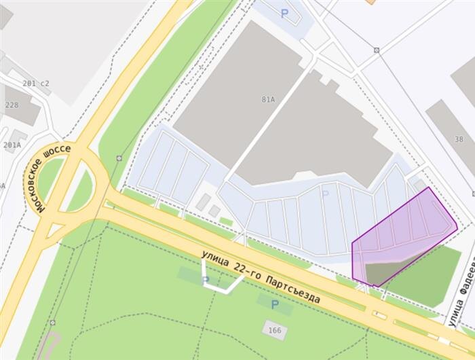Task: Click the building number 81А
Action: click(268, 99)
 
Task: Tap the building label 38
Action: click(459, 139)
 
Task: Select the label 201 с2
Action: click(36, 84)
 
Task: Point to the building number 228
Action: click(12, 105)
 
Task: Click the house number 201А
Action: click(12, 145)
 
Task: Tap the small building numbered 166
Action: click(274, 331)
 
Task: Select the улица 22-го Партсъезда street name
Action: click(260, 276)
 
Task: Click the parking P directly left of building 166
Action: click(275, 305)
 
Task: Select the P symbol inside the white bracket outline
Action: click(206, 280)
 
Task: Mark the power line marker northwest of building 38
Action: click(376, 50)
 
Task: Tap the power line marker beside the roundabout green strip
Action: click(119, 158)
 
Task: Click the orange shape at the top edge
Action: click(370, 2)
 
